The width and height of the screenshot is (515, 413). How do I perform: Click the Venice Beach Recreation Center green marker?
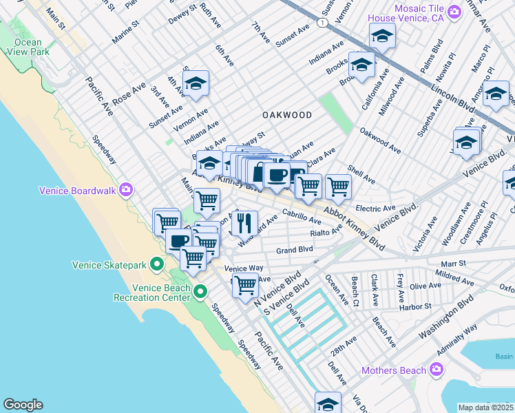coord(200,291)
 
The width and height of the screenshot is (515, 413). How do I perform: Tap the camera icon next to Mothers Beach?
coord(436,370)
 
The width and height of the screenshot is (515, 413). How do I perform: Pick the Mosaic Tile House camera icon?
coord(454,12)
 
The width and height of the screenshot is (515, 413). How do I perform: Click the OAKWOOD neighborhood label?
coord(286,115)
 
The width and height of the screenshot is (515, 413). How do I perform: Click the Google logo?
coord(23,405)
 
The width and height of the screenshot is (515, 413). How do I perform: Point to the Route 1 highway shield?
coord(322,23)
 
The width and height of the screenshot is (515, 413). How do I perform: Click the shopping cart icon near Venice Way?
coord(245,285)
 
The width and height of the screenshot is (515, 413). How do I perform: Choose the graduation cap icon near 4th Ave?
coord(196,83)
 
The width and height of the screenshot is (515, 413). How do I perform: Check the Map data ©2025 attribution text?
coord(485,407)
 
